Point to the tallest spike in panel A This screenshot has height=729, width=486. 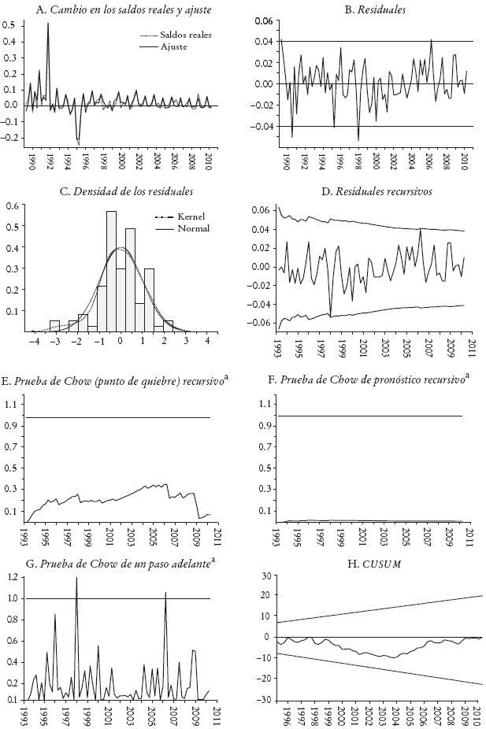click(48, 24)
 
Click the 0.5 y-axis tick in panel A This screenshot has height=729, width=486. click(9, 25)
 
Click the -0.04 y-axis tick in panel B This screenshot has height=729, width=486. click(262, 126)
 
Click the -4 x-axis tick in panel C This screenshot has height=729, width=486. click(33, 343)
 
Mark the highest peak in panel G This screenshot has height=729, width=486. click(76, 578)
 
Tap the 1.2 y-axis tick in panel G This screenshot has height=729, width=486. click(10, 577)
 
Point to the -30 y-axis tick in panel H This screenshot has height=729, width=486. click(265, 700)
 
